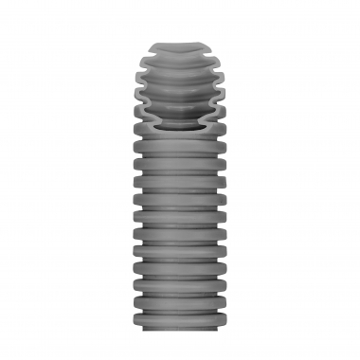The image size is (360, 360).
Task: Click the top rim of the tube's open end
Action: pos(179,45)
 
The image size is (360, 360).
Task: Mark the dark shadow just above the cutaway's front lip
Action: pos(179,118)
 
